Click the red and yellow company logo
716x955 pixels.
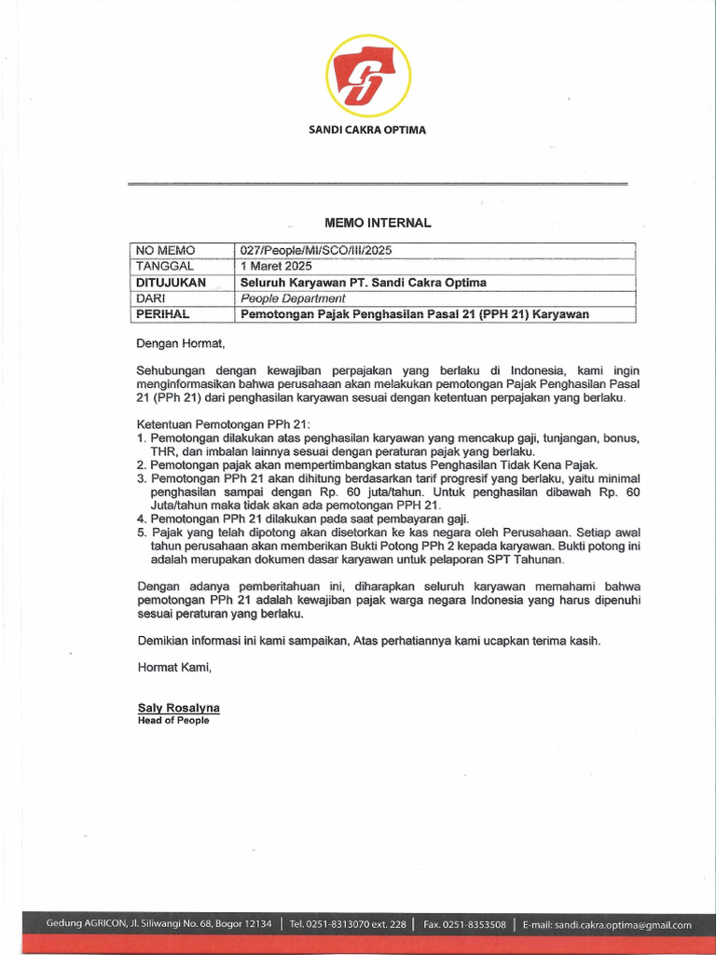[367, 76]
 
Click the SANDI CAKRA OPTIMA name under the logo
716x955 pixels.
[367, 130]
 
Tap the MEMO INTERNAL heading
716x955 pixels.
[378, 223]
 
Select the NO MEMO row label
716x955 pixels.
[165, 250]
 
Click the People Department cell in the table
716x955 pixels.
[293, 298]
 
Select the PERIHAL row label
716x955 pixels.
[163, 314]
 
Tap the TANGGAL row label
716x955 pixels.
[165, 266]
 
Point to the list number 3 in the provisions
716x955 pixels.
[141, 478]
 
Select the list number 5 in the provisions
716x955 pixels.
[141, 533]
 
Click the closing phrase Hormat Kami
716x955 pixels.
[174, 667]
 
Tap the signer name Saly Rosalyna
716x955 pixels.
[178, 708]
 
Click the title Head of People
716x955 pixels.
[173, 720]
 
